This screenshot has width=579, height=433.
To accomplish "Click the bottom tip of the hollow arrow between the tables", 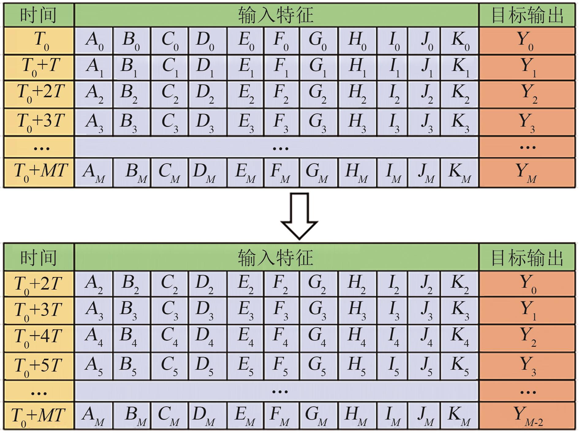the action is click(299, 239).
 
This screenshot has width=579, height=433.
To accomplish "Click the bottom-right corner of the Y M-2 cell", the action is click(575, 429).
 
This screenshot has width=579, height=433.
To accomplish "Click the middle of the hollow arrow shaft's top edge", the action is click(299, 194).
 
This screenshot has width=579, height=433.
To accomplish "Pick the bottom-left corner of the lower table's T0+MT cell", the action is click(4, 429).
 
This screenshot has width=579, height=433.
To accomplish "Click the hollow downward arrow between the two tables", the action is click(299, 216).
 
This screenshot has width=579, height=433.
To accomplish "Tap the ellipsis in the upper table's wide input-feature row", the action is click(280, 148).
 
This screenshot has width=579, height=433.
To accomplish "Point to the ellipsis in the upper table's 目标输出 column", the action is click(528, 148).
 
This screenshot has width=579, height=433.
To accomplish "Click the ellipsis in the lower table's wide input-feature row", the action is click(280, 391).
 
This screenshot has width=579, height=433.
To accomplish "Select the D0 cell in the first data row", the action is click(208, 41).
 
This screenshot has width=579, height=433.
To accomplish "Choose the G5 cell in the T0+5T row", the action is click(319, 366).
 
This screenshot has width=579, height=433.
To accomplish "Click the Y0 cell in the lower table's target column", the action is click(527, 283).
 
